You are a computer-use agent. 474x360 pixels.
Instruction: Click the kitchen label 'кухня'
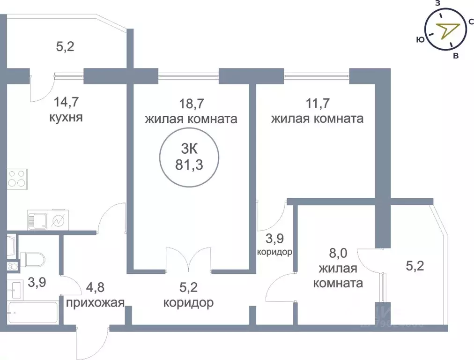pyautogui.click(x=66, y=117)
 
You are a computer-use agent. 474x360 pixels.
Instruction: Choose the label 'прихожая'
pyautogui.click(x=95, y=302)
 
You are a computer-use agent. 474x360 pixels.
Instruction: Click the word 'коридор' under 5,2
pyautogui.click(x=188, y=302)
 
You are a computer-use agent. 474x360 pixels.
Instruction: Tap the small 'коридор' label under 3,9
pyautogui.click(x=275, y=252)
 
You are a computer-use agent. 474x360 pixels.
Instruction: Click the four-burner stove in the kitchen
pyautogui.click(x=17, y=179)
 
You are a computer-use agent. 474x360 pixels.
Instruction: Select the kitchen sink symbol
pyautogui.click(x=37, y=219)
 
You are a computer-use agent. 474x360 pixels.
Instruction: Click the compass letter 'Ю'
pyautogui.click(x=420, y=40)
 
